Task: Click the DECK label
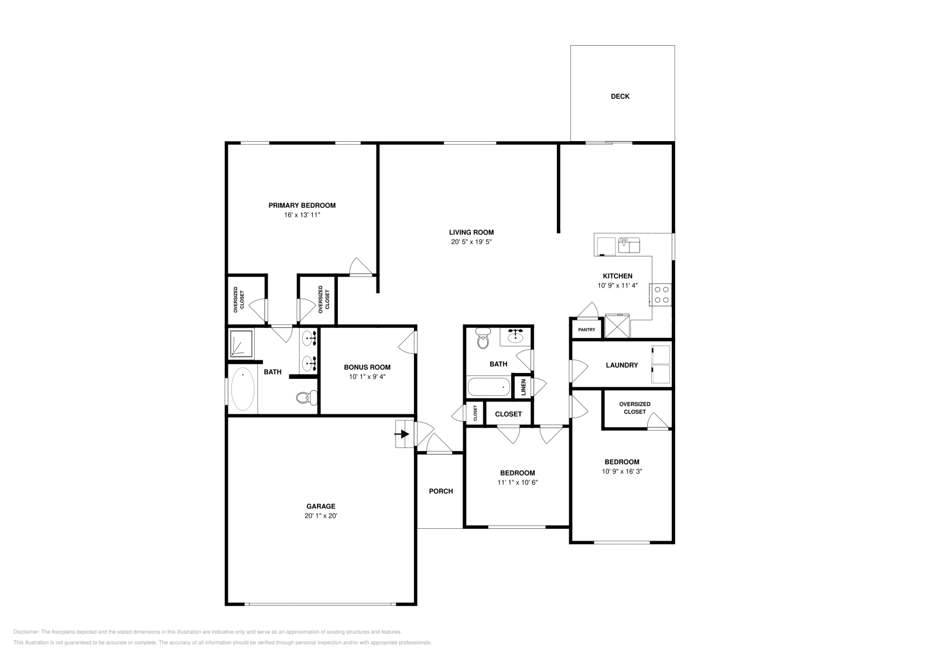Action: (x=620, y=97)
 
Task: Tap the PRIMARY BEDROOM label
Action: (x=302, y=206)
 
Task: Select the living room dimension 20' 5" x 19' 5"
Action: (x=471, y=242)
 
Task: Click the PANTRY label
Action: (x=586, y=330)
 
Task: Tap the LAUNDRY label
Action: (x=621, y=365)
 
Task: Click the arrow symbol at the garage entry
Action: (x=403, y=434)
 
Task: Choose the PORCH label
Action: (x=440, y=491)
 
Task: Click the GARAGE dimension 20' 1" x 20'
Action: (x=320, y=516)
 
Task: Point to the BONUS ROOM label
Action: (x=367, y=367)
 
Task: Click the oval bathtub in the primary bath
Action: (x=243, y=389)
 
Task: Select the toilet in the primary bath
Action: (x=304, y=398)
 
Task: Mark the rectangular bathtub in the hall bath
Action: (x=489, y=387)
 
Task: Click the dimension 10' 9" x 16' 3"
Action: (x=621, y=471)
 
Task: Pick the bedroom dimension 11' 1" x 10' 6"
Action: (x=517, y=483)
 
